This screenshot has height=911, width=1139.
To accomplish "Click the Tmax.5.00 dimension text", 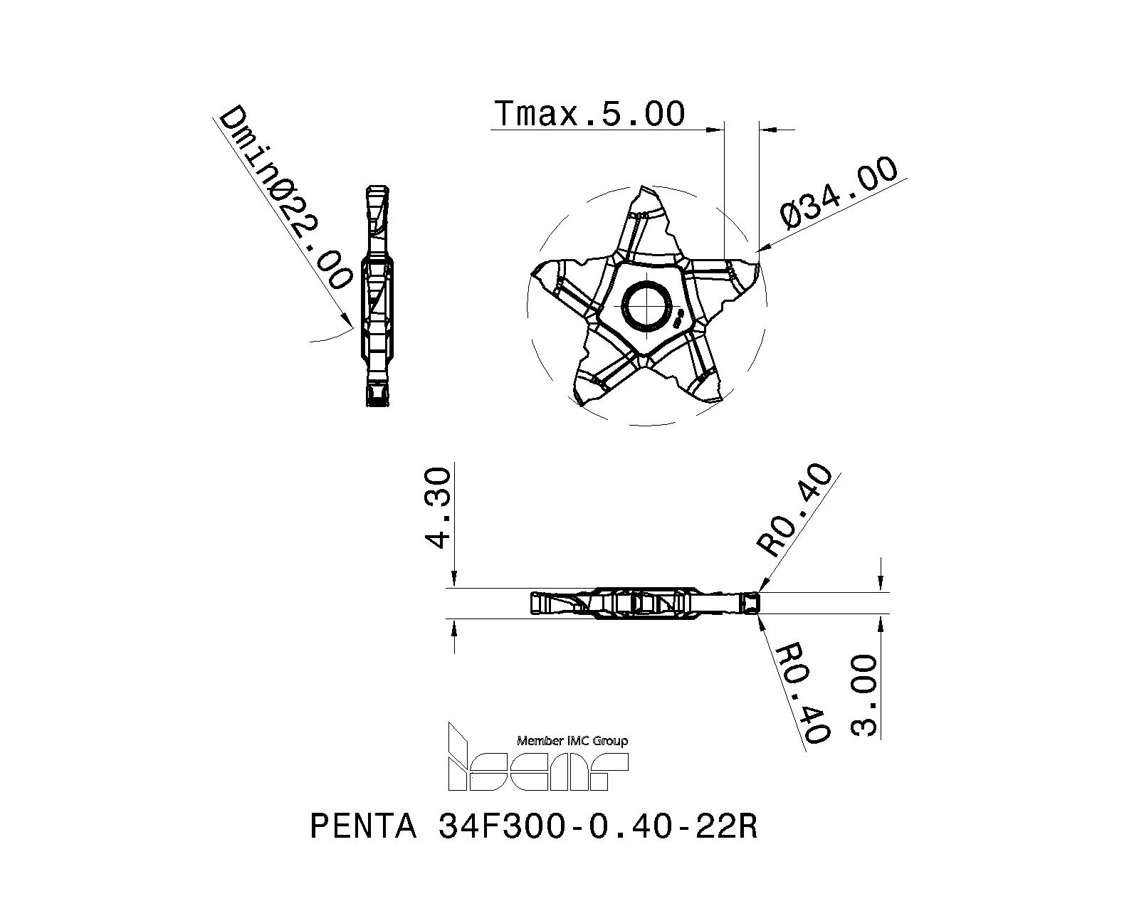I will point(589,114).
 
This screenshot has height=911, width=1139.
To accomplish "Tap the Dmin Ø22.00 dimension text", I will point(285,198).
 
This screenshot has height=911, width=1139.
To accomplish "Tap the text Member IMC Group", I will point(572,741).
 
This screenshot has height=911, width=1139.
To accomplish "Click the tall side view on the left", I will point(378,296).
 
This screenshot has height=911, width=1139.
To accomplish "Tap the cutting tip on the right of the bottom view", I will point(749,604).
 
